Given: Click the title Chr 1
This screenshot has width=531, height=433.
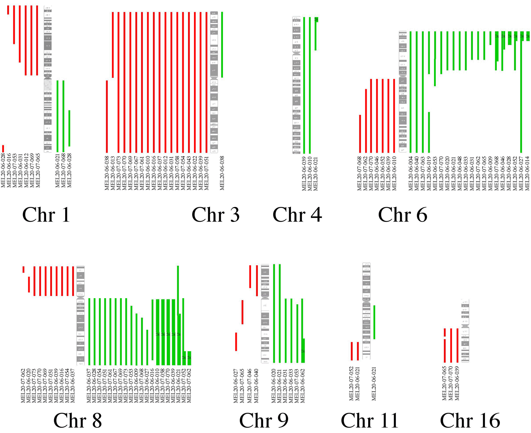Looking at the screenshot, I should coord(46,215).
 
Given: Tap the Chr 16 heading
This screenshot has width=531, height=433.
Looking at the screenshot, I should coord(470,420).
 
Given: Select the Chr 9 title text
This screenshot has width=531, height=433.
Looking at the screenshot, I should coord(264,420).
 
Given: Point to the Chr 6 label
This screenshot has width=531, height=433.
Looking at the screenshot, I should coord(402,215).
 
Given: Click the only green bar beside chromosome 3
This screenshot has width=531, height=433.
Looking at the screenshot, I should coord(222,45).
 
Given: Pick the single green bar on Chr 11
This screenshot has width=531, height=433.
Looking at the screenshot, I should coord(374,322).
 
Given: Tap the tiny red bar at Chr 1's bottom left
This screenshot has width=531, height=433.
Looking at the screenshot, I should coord(3,149).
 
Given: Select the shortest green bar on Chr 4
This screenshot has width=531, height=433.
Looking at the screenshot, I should coord(316,34).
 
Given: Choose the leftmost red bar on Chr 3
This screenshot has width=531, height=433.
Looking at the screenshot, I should coord(107,116).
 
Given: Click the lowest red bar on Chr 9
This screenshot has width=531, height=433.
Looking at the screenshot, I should coord(236,342).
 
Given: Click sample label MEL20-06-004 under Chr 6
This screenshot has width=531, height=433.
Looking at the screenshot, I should coord(411,173).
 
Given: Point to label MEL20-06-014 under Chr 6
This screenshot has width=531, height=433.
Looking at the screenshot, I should coord(527,173).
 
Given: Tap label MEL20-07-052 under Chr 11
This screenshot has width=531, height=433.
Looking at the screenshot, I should coord(352,384).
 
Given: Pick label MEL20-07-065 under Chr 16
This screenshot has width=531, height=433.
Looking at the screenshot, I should coord(445,384).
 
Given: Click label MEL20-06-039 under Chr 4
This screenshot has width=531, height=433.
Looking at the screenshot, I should coord(304,173).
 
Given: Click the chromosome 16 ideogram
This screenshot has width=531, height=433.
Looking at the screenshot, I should coord(465,330).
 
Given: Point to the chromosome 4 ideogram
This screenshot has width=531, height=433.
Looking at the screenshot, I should coord(296,85).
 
